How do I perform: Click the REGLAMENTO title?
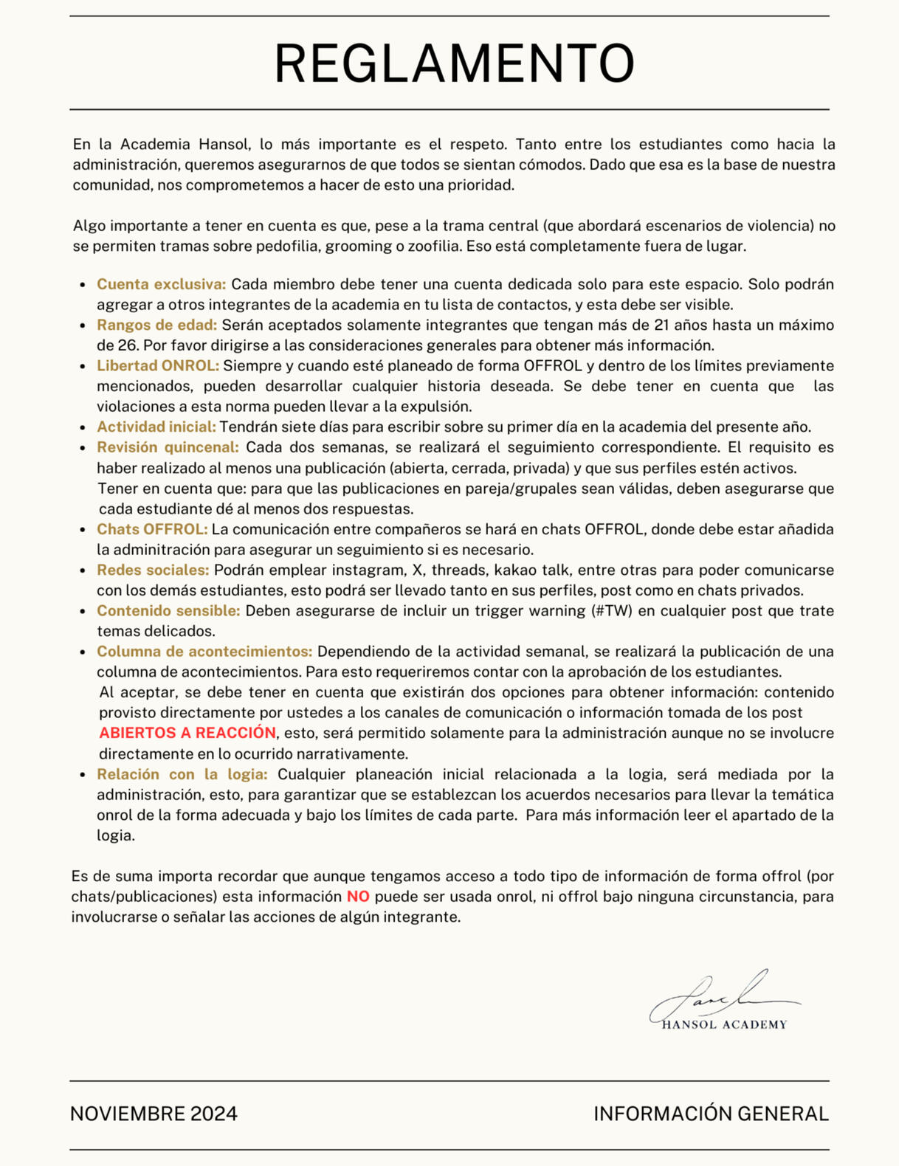tap(454, 63)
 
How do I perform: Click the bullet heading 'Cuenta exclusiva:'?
tap(161, 284)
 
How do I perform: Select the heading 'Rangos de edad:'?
tap(156, 325)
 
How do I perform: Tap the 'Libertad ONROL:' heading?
tap(158, 366)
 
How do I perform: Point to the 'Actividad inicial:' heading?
tap(156, 427)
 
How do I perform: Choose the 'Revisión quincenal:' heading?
tap(168, 447)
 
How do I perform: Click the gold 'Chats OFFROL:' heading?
tap(152, 529)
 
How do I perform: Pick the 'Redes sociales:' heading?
tap(153, 570)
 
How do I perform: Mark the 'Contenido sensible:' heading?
tap(168, 610)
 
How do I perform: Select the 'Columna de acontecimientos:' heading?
tap(204, 652)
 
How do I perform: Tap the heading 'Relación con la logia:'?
tap(182, 774)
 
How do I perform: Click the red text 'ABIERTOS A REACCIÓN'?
tap(187, 733)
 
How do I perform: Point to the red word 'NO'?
tap(358, 897)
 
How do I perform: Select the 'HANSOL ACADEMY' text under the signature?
tap(724, 1024)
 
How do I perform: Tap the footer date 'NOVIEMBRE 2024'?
tap(154, 1114)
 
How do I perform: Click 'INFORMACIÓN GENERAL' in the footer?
tap(711, 1114)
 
